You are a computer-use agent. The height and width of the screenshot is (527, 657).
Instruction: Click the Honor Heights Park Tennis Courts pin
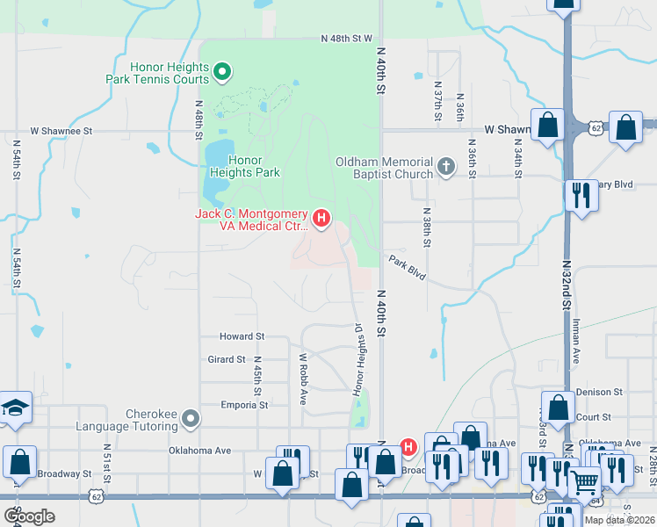coord(222,71)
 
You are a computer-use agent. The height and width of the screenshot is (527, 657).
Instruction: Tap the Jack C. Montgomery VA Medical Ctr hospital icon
coord(321,219)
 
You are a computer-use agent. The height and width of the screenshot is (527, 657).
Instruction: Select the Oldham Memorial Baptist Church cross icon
coord(446,167)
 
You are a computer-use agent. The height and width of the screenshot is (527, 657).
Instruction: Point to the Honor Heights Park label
coord(255,166)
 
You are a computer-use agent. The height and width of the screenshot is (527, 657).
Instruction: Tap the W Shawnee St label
coord(61,131)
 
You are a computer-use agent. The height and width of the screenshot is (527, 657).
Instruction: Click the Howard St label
coord(242,336)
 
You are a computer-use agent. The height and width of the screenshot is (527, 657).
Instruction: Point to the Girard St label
coord(226,359)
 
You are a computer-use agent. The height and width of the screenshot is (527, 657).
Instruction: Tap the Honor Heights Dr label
coord(358,360)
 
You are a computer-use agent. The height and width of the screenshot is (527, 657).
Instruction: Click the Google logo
coord(29,516)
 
